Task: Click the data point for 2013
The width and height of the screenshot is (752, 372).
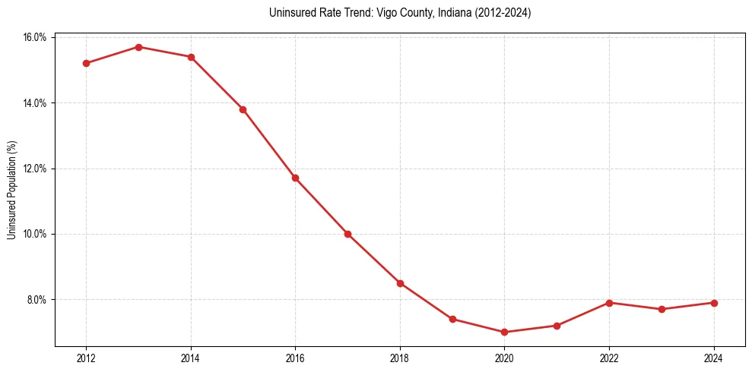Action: coord(138,47)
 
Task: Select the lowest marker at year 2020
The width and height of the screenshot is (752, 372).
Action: coord(505,332)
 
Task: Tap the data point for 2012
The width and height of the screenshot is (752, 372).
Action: coord(86,63)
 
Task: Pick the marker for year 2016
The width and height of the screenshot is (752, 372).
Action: coord(295,178)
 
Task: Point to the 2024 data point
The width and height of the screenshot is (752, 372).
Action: coord(714,303)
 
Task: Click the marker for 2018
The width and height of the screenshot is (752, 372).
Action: coord(400,283)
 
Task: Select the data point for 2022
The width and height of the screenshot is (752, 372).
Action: coord(609,303)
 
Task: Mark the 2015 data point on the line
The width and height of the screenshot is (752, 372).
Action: coord(243,109)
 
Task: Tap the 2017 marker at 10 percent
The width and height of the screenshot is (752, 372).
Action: coord(347,234)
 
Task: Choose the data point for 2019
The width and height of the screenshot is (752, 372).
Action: coord(452,319)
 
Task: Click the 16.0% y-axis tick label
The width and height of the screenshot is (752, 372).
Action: coord(36,37)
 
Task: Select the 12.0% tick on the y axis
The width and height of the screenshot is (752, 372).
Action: coord(36,169)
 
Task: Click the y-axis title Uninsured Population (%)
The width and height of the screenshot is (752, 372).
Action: coord(11,190)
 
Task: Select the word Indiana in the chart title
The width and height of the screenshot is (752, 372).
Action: coord(454,13)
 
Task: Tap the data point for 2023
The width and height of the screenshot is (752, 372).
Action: coord(662,309)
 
